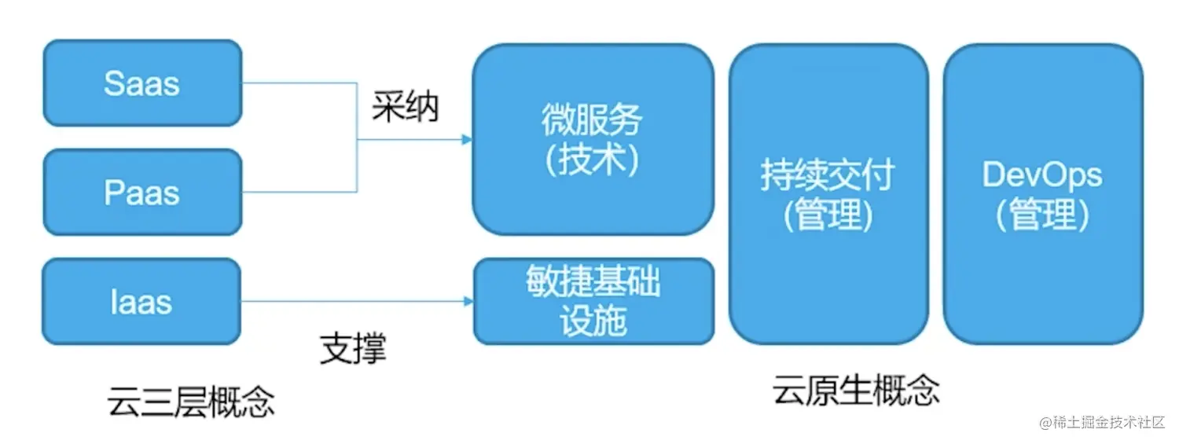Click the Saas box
click(x=142, y=83)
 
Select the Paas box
click(x=142, y=193)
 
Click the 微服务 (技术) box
click(x=593, y=140)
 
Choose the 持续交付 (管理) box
click(x=828, y=193)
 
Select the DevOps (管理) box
click(x=1042, y=193)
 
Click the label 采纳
click(x=405, y=108)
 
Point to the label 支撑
click(x=353, y=348)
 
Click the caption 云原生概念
click(x=855, y=389)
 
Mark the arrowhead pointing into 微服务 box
click(x=467, y=140)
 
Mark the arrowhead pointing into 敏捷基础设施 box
click(x=468, y=302)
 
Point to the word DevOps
click(x=1042, y=175)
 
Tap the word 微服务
click(x=592, y=120)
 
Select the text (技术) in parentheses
click(x=592, y=160)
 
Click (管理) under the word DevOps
click(x=1042, y=215)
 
